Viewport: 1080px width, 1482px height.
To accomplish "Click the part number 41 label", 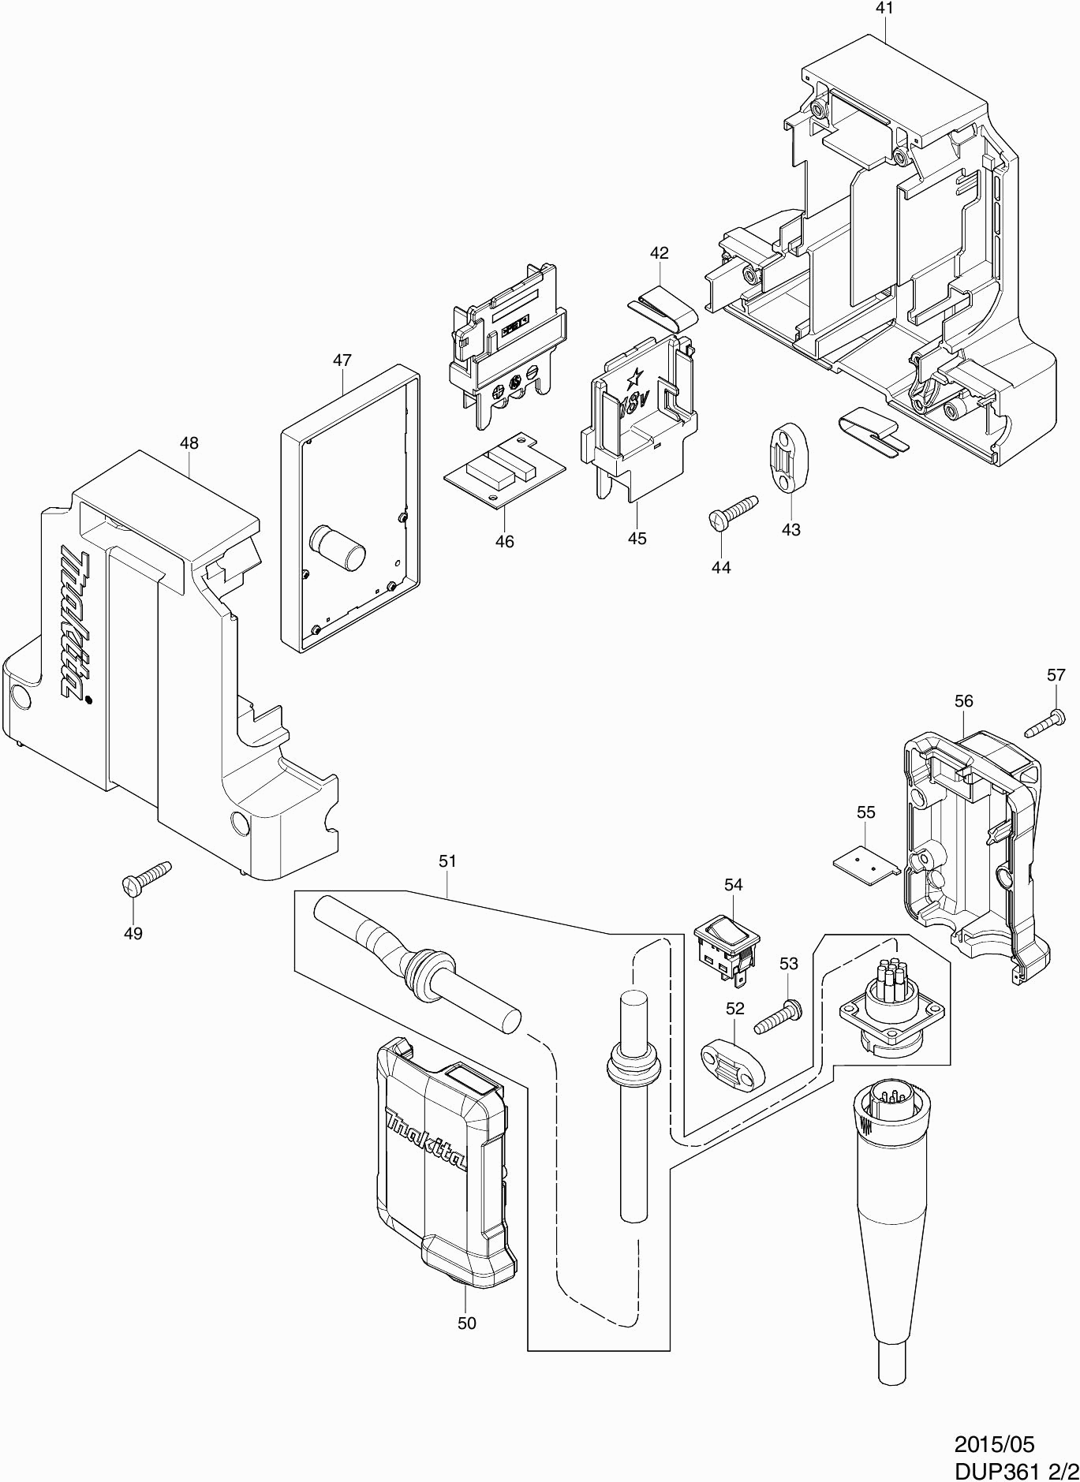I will pyautogui.click(x=884, y=9).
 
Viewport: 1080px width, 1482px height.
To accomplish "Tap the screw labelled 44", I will pyautogui.click(x=734, y=510).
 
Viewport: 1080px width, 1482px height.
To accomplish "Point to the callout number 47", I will pyautogui.click(x=342, y=360).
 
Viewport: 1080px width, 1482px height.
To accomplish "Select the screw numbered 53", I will pyautogui.click(x=777, y=1017).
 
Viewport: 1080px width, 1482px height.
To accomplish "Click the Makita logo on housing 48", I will pyautogui.click(x=76, y=626).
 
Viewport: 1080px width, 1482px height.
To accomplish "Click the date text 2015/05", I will pyautogui.click(x=993, y=1444).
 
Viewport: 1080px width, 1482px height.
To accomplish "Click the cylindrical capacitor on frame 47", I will pyautogui.click(x=338, y=547).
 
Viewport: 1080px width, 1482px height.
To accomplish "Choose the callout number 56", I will pyautogui.click(x=963, y=700).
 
